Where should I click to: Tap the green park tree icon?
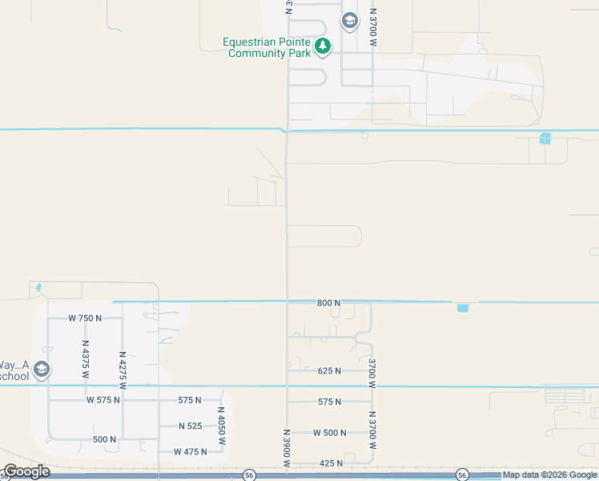pyautogui.click(x=323, y=46)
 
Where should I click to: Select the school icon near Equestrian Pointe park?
pyautogui.click(x=349, y=20)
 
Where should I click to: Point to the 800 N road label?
pyautogui.click(x=328, y=303)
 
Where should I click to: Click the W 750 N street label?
pyautogui.click(x=85, y=318)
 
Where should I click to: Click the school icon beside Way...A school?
pyautogui.click(x=42, y=370)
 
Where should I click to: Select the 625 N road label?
pyautogui.click(x=329, y=371)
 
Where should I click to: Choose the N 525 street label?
pyautogui.click(x=191, y=426)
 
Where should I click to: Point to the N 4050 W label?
pyautogui.click(x=222, y=426)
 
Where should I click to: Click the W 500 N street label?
pyautogui.click(x=329, y=433)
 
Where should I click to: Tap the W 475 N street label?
pyautogui.click(x=191, y=452)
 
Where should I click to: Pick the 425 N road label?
pyautogui.click(x=330, y=463)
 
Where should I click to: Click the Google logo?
pyautogui.click(x=26, y=471)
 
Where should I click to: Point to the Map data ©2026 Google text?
pyautogui.click(x=549, y=475)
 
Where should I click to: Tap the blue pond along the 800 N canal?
pyautogui.click(x=463, y=307)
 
